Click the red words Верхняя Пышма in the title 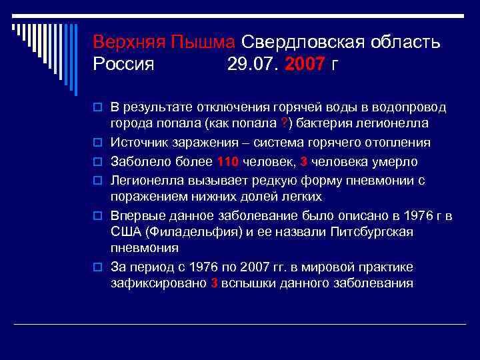pyautogui.click(x=164, y=43)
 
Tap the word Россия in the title pyautogui.click(x=124, y=65)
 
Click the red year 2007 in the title pyautogui.click(x=305, y=65)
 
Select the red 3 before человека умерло pyautogui.click(x=304, y=161)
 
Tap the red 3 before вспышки pyautogui.click(x=214, y=283)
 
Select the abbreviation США pyautogui.click(x=123, y=232)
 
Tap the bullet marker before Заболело pyautogui.click(x=97, y=161)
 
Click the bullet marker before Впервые pyautogui.click(x=97, y=216)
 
